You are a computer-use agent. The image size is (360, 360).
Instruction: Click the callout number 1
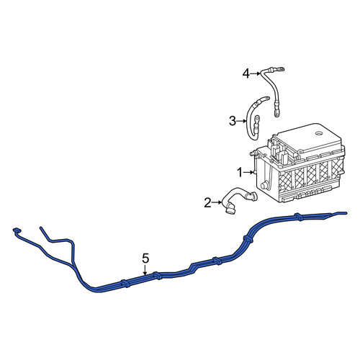(x=240, y=173)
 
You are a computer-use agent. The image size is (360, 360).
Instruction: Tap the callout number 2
(x=207, y=203)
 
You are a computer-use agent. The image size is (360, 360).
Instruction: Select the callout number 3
(x=233, y=121)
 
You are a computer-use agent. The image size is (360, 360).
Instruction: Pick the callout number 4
(x=246, y=73)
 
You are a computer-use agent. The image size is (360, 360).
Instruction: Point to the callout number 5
(x=145, y=258)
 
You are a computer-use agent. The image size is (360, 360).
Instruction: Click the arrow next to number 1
(x=248, y=173)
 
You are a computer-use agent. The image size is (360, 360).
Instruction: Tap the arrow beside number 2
(x=217, y=203)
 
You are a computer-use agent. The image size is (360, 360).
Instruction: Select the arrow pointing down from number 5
(x=145, y=269)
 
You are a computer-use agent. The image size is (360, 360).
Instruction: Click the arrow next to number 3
(x=241, y=121)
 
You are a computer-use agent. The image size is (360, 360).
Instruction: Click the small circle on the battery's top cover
(x=319, y=133)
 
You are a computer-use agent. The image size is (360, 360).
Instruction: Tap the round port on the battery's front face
(x=264, y=185)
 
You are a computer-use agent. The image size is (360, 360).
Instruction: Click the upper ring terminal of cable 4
(x=281, y=69)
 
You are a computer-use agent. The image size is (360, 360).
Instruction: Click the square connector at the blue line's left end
(x=17, y=230)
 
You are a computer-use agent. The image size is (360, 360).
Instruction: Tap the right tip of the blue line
(x=346, y=213)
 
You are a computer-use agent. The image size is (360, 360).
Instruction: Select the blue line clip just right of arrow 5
(x=157, y=276)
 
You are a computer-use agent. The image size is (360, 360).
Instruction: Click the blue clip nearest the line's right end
(x=299, y=217)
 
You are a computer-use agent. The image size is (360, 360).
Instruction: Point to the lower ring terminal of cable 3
(x=257, y=118)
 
